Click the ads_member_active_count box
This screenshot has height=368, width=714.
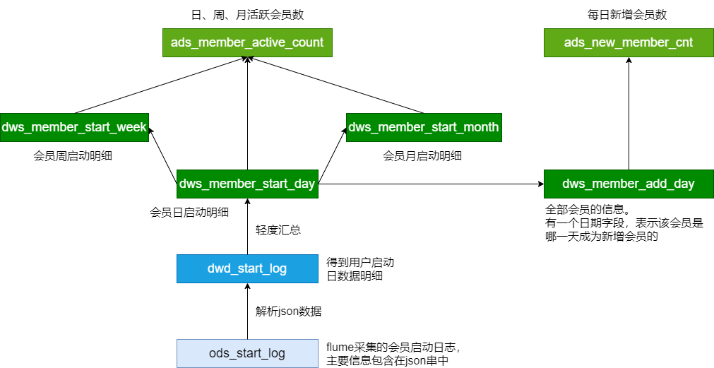coord(247,42)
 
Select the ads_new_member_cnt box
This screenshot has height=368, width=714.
coord(629,42)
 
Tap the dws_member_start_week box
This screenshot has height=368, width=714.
coord(74,127)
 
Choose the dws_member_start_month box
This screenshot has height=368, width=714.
coord(424,127)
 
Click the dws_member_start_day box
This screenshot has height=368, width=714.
coord(247,184)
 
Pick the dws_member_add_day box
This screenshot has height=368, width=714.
coord(629,184)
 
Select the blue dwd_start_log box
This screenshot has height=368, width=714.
coord(247,268)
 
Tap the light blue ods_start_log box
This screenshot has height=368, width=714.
coord(247,352)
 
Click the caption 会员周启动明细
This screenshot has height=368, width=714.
coord(73,155)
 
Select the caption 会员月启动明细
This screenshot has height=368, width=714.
coord(422,155)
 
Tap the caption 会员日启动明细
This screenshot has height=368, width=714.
coord(189,211)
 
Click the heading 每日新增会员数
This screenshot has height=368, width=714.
coord(628,14)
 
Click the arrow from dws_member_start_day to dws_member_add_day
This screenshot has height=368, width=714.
coord(431,184)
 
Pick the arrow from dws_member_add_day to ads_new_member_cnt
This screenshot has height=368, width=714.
coord(629,113)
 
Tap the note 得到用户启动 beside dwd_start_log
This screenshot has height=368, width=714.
coord(359,268)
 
